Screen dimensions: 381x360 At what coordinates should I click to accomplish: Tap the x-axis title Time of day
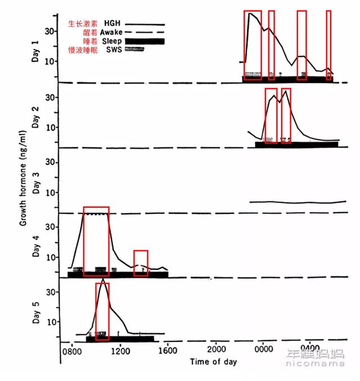[214, 361]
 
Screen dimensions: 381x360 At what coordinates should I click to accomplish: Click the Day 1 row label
[35, 51]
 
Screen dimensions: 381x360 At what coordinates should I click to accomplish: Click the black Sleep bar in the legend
[145, 41]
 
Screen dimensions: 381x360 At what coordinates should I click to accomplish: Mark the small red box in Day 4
[141, 263]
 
